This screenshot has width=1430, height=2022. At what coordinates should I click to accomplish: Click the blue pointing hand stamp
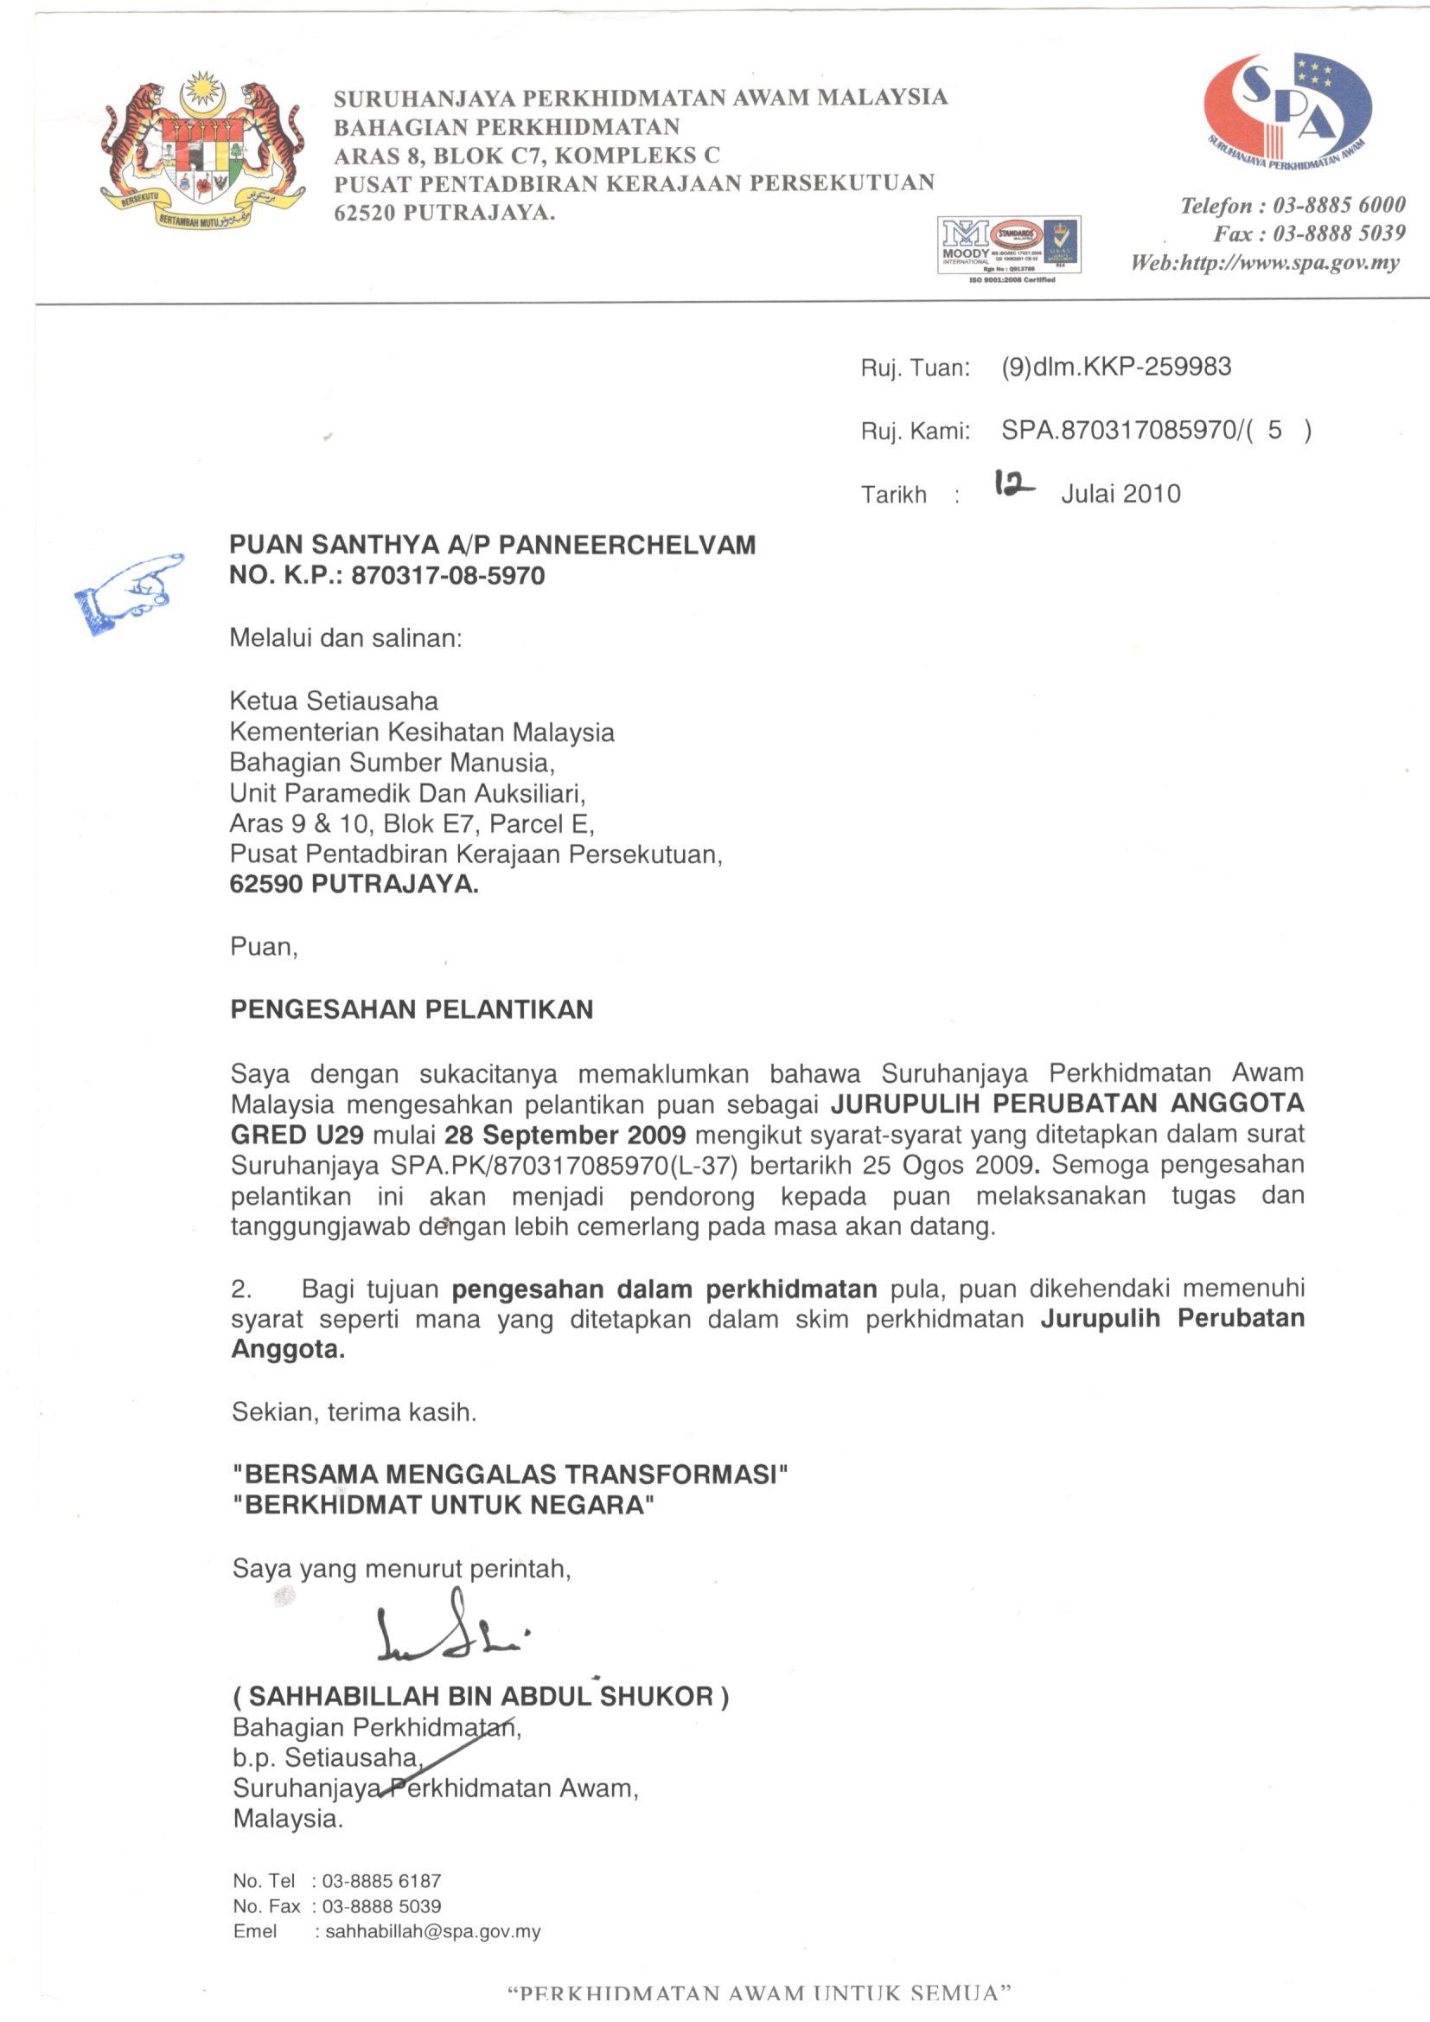coord(129,592)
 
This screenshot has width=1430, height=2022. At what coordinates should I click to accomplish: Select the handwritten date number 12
coord(1013,483)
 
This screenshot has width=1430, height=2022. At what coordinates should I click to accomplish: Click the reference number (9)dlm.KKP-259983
coord(1115,367)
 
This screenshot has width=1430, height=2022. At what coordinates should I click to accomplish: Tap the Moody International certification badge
coord(1009,247)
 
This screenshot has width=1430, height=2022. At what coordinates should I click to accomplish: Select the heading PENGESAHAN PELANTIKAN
coord(412,1009)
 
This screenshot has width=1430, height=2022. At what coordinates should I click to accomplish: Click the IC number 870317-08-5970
coord(447,576)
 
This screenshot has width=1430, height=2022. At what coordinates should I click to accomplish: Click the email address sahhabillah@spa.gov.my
coord(432,1931)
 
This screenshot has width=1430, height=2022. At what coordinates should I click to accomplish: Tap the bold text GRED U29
coord(297,1135)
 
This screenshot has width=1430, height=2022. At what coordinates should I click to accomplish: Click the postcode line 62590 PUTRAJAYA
coord(354,884)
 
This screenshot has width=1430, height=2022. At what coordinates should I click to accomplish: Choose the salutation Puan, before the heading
coord(265,947)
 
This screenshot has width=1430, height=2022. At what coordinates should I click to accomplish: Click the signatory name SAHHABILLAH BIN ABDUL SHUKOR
coord(481,1696)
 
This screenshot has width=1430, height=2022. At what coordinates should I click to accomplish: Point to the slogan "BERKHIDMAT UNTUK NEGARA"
coord(444,1504)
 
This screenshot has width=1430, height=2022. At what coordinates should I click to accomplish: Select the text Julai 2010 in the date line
coord(1120,493)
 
